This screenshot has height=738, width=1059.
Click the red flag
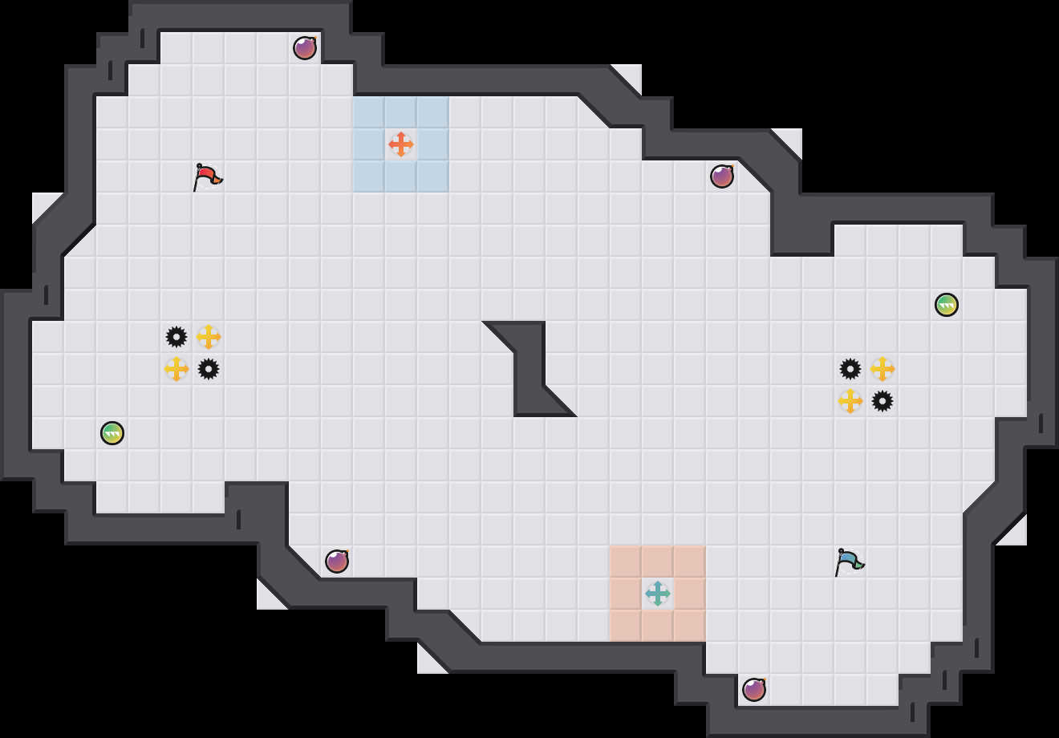[207, 176]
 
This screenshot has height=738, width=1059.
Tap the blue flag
[849, 561]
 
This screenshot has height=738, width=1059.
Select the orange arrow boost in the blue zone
[401, 144]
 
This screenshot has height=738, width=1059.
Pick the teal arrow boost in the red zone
[658, 594]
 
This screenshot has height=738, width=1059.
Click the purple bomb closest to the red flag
[305, 48]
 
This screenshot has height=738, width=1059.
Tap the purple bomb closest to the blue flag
[754, 690]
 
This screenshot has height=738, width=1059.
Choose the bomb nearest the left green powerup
[337, 562]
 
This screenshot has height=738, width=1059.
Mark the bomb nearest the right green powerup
[722, 176]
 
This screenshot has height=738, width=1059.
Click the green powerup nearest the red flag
[112, 433]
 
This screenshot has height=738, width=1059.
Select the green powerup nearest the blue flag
[947, 305]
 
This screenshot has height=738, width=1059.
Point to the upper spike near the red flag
[176, 337]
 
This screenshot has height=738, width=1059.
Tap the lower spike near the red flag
[209, 369]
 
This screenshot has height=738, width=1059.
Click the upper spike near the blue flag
[850, 369]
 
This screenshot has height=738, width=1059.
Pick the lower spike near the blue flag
[882, 401]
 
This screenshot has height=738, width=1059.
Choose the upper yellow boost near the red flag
[209, 337]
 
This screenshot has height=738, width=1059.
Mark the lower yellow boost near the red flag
[176, 369]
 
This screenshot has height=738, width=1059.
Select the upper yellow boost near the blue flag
[882, 369]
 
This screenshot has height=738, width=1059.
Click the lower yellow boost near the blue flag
[850, 401]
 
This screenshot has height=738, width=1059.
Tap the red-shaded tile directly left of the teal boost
[626, 594]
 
